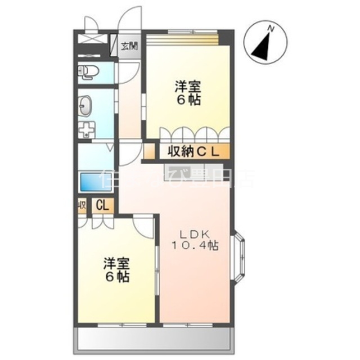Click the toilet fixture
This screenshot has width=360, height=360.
click(88, 71)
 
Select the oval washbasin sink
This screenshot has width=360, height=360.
click(85, 105)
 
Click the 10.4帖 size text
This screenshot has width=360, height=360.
click(195, 245)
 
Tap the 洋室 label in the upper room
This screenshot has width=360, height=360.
click(188, 88)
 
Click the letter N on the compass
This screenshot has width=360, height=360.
click(271, 28)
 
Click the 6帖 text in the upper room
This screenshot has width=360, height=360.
click(188, 101)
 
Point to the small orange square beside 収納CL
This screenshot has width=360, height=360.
click(148, 151)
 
